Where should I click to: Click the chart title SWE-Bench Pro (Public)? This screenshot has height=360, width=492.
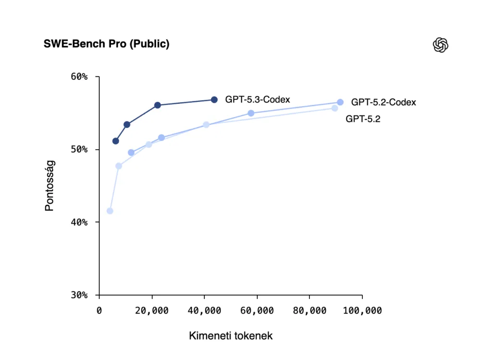pos(106,44)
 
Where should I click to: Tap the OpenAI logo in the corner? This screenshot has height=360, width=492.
pos(440,45)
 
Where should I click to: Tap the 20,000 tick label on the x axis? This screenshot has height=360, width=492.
pos(152,311)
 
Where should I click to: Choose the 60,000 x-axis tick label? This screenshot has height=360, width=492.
pos(257,311)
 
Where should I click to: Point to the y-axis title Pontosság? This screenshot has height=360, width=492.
pos(49,186)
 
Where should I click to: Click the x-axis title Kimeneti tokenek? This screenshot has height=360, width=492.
pos(231,336)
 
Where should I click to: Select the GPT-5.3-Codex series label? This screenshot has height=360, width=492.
pos(258,100)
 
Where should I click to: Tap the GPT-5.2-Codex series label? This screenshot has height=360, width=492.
pos(383,102)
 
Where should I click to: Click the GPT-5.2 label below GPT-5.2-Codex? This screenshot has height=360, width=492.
pos(363,120)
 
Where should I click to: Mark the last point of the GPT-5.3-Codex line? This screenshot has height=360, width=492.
pos(214,100)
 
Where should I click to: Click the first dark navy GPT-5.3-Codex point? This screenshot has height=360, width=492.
pos(116,141)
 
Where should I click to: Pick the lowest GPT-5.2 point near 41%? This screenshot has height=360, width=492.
pos(110,211)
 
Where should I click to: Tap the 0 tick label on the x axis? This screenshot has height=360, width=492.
pos(99,311)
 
